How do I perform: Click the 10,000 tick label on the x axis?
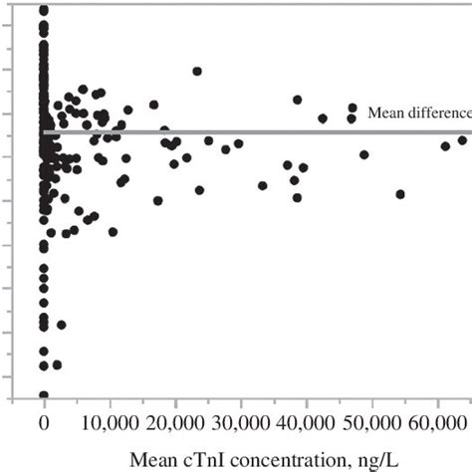110,423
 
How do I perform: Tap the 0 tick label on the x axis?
44,423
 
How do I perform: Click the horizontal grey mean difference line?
249,131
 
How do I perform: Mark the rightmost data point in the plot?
462,140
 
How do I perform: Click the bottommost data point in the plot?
44,395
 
